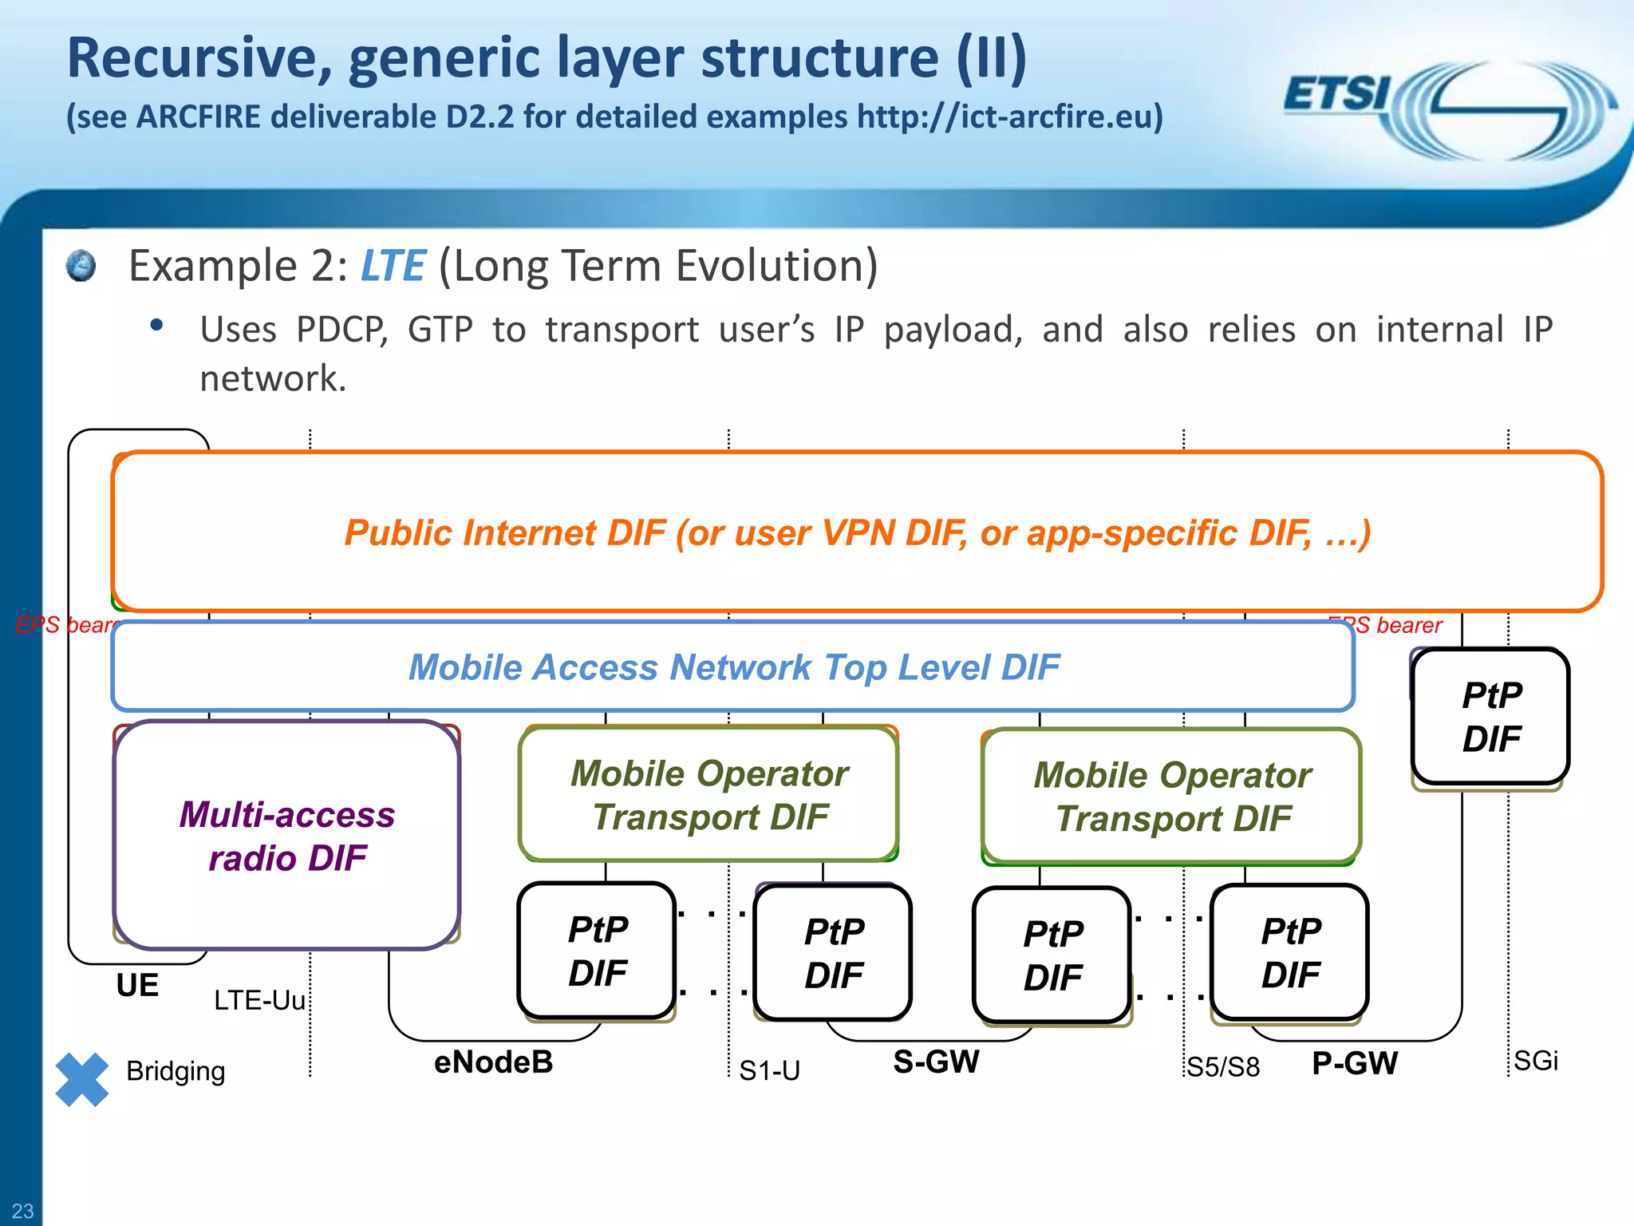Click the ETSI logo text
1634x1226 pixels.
pos(1336,94)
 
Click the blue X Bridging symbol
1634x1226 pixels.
pos(82,1079)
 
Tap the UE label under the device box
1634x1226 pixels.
pos(137,986)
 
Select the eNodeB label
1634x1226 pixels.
pos(493,1062)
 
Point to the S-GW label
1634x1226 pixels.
pos(936,1062)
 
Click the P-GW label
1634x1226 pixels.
pos(1355,1063)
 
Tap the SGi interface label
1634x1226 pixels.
pos(1536,1061)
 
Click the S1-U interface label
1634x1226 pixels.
pos(769,1070)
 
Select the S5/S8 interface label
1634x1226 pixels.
pos(1223,1067)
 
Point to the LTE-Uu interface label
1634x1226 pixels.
pos(259,1000)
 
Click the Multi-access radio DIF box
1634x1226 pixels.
pos(287,836)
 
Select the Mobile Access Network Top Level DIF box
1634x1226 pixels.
pos(733,667)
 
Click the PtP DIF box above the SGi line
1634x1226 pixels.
pos(1490,717)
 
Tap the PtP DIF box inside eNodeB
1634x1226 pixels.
pos(597,951)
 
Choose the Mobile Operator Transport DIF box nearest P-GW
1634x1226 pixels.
pos(1171,797)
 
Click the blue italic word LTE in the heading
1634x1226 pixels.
pos(393,266)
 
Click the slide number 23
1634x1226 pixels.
pos(22,1211)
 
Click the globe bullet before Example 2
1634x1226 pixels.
pos(81,266)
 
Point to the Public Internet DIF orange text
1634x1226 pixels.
pos(858,532)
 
